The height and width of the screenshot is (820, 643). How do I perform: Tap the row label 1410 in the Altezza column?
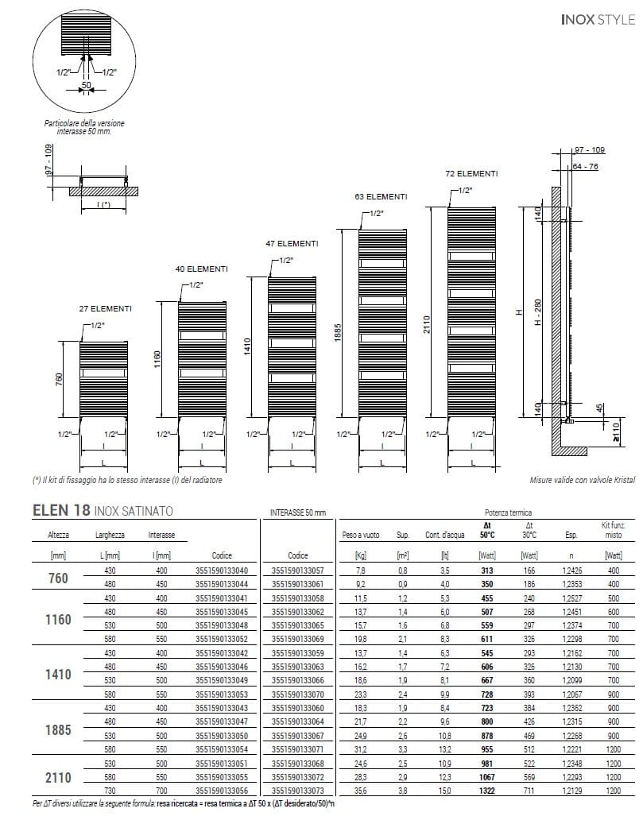tap(59, 675)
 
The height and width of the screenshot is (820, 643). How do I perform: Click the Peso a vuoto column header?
tap(362, 536)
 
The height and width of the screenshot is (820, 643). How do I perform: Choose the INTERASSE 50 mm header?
tap(299, 513)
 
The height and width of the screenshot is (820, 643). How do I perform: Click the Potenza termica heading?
tap(509, 513)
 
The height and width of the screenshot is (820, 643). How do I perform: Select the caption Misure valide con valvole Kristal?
tap(583, 481)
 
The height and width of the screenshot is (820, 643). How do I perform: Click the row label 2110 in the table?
tap(59, 776)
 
